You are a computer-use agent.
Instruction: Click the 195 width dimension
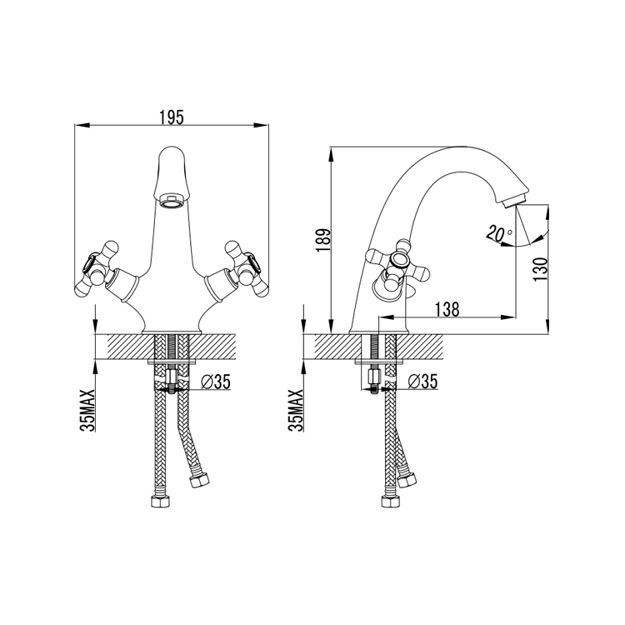(172, 117)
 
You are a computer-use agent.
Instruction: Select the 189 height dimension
(322, 239)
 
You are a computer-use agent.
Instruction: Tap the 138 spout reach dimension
(447, 309)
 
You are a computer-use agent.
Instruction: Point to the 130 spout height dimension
(541, 269)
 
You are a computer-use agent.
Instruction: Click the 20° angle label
(499, 233)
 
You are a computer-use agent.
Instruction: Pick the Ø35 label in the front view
(216, 382)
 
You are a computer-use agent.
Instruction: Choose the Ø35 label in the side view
(422, 381)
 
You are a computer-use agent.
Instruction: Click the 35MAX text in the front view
(87, 410)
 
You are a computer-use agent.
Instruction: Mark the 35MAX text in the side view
(296, 410)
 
